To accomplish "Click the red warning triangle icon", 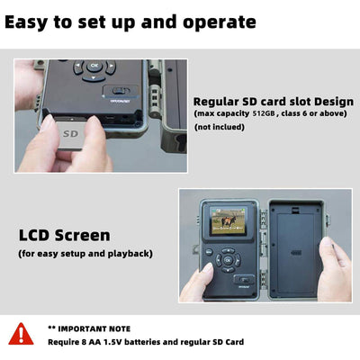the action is pyautogui.click(x=21, y=334).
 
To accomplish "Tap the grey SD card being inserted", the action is pyautogui.click(x=70, y=134).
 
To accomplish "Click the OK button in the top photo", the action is pyautogui.click(x=94, y=66).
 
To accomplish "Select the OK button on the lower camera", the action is pyautogui.click(x=228, y=260).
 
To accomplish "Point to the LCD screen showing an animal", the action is pyautogui.click(x=229, y=221).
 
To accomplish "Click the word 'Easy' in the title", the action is pyautogui.click(x=26, y=22).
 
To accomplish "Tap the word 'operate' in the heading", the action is pyautogui.click(x=220, y=23).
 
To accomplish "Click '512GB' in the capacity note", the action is pyautogui.click(x=264, y=113).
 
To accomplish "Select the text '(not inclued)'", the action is pyautogui.click(x=220, y=127).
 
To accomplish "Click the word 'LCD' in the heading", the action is pyautogui.click(x=33, y=235).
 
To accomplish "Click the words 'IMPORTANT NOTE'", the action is pyautogui.click(x=94, y=328).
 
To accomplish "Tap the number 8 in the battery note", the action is pyautogui.click(x=83, y=342).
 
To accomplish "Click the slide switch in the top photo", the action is pyautogui.click(x=121, y=91).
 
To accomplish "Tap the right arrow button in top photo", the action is pyautogui.click(x=111, y=67).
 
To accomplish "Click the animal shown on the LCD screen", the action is pyautogui.click(x=229, y=221).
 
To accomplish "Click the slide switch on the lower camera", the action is pyautogui.click(x=244, y=280).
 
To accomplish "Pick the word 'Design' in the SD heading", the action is pyautogui.click(x=334, y=103).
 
